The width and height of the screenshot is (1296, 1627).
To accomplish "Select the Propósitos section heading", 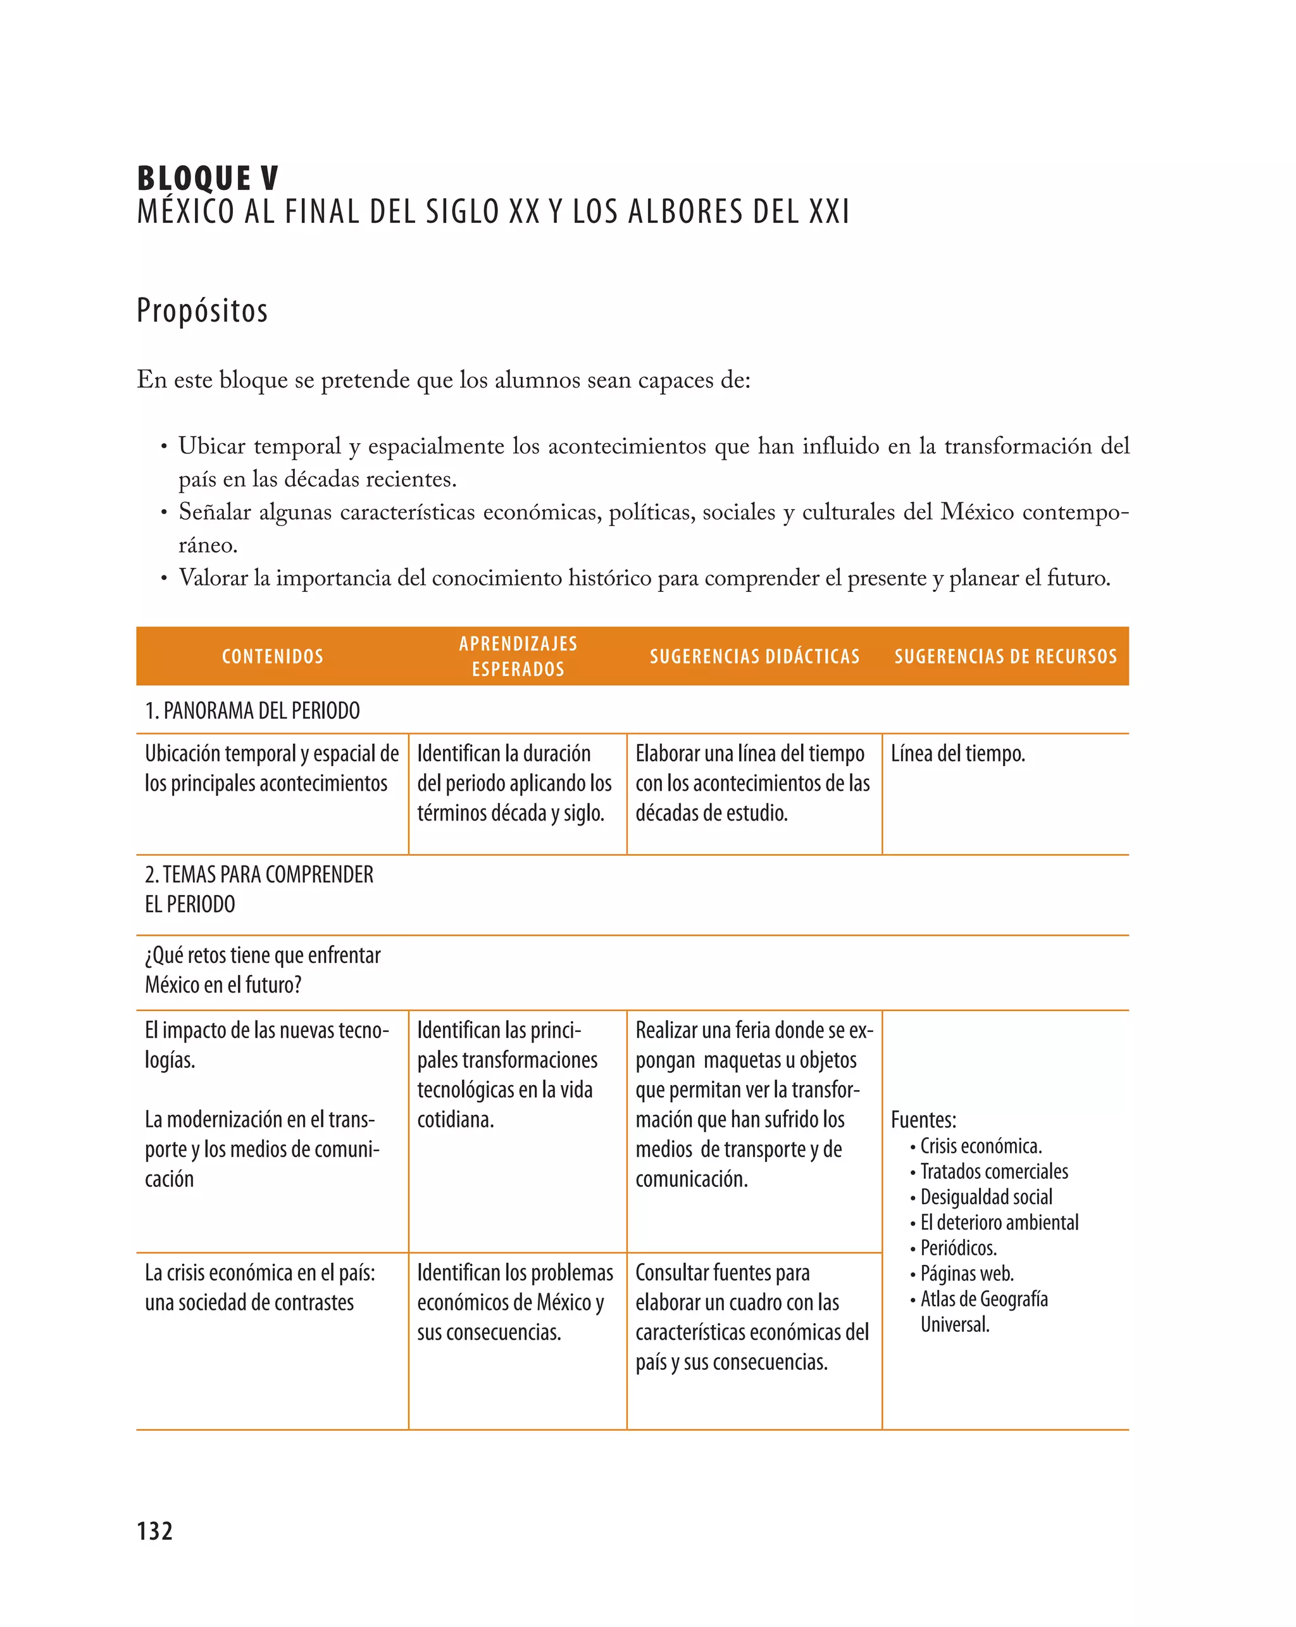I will click(202, 310).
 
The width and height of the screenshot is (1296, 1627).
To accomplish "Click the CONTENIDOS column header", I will click(272, 656).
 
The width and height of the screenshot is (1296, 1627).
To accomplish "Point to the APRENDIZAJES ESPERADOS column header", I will click(518, 656).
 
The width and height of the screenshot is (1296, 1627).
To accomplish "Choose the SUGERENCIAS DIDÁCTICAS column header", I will click(754, 656).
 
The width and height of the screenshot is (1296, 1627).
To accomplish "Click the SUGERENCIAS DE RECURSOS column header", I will click(1005, 656).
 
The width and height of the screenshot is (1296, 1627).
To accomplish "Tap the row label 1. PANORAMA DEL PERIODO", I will click(252, 710).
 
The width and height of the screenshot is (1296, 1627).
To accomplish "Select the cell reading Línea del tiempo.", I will click(957, 753).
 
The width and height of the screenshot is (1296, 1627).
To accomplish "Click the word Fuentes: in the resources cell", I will click(923, 1119).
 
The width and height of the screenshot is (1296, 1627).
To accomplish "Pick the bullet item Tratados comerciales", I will click(994, 1171).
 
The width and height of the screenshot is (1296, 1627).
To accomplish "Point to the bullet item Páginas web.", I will click(966, 1273).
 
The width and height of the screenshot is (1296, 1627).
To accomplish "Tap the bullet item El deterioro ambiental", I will click(999, 1222).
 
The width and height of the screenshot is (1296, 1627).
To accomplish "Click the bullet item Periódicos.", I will click(958, 1247).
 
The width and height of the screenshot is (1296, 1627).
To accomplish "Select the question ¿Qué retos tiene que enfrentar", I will click(263, 955).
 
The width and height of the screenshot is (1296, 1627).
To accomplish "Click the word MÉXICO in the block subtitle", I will click(185, 211).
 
